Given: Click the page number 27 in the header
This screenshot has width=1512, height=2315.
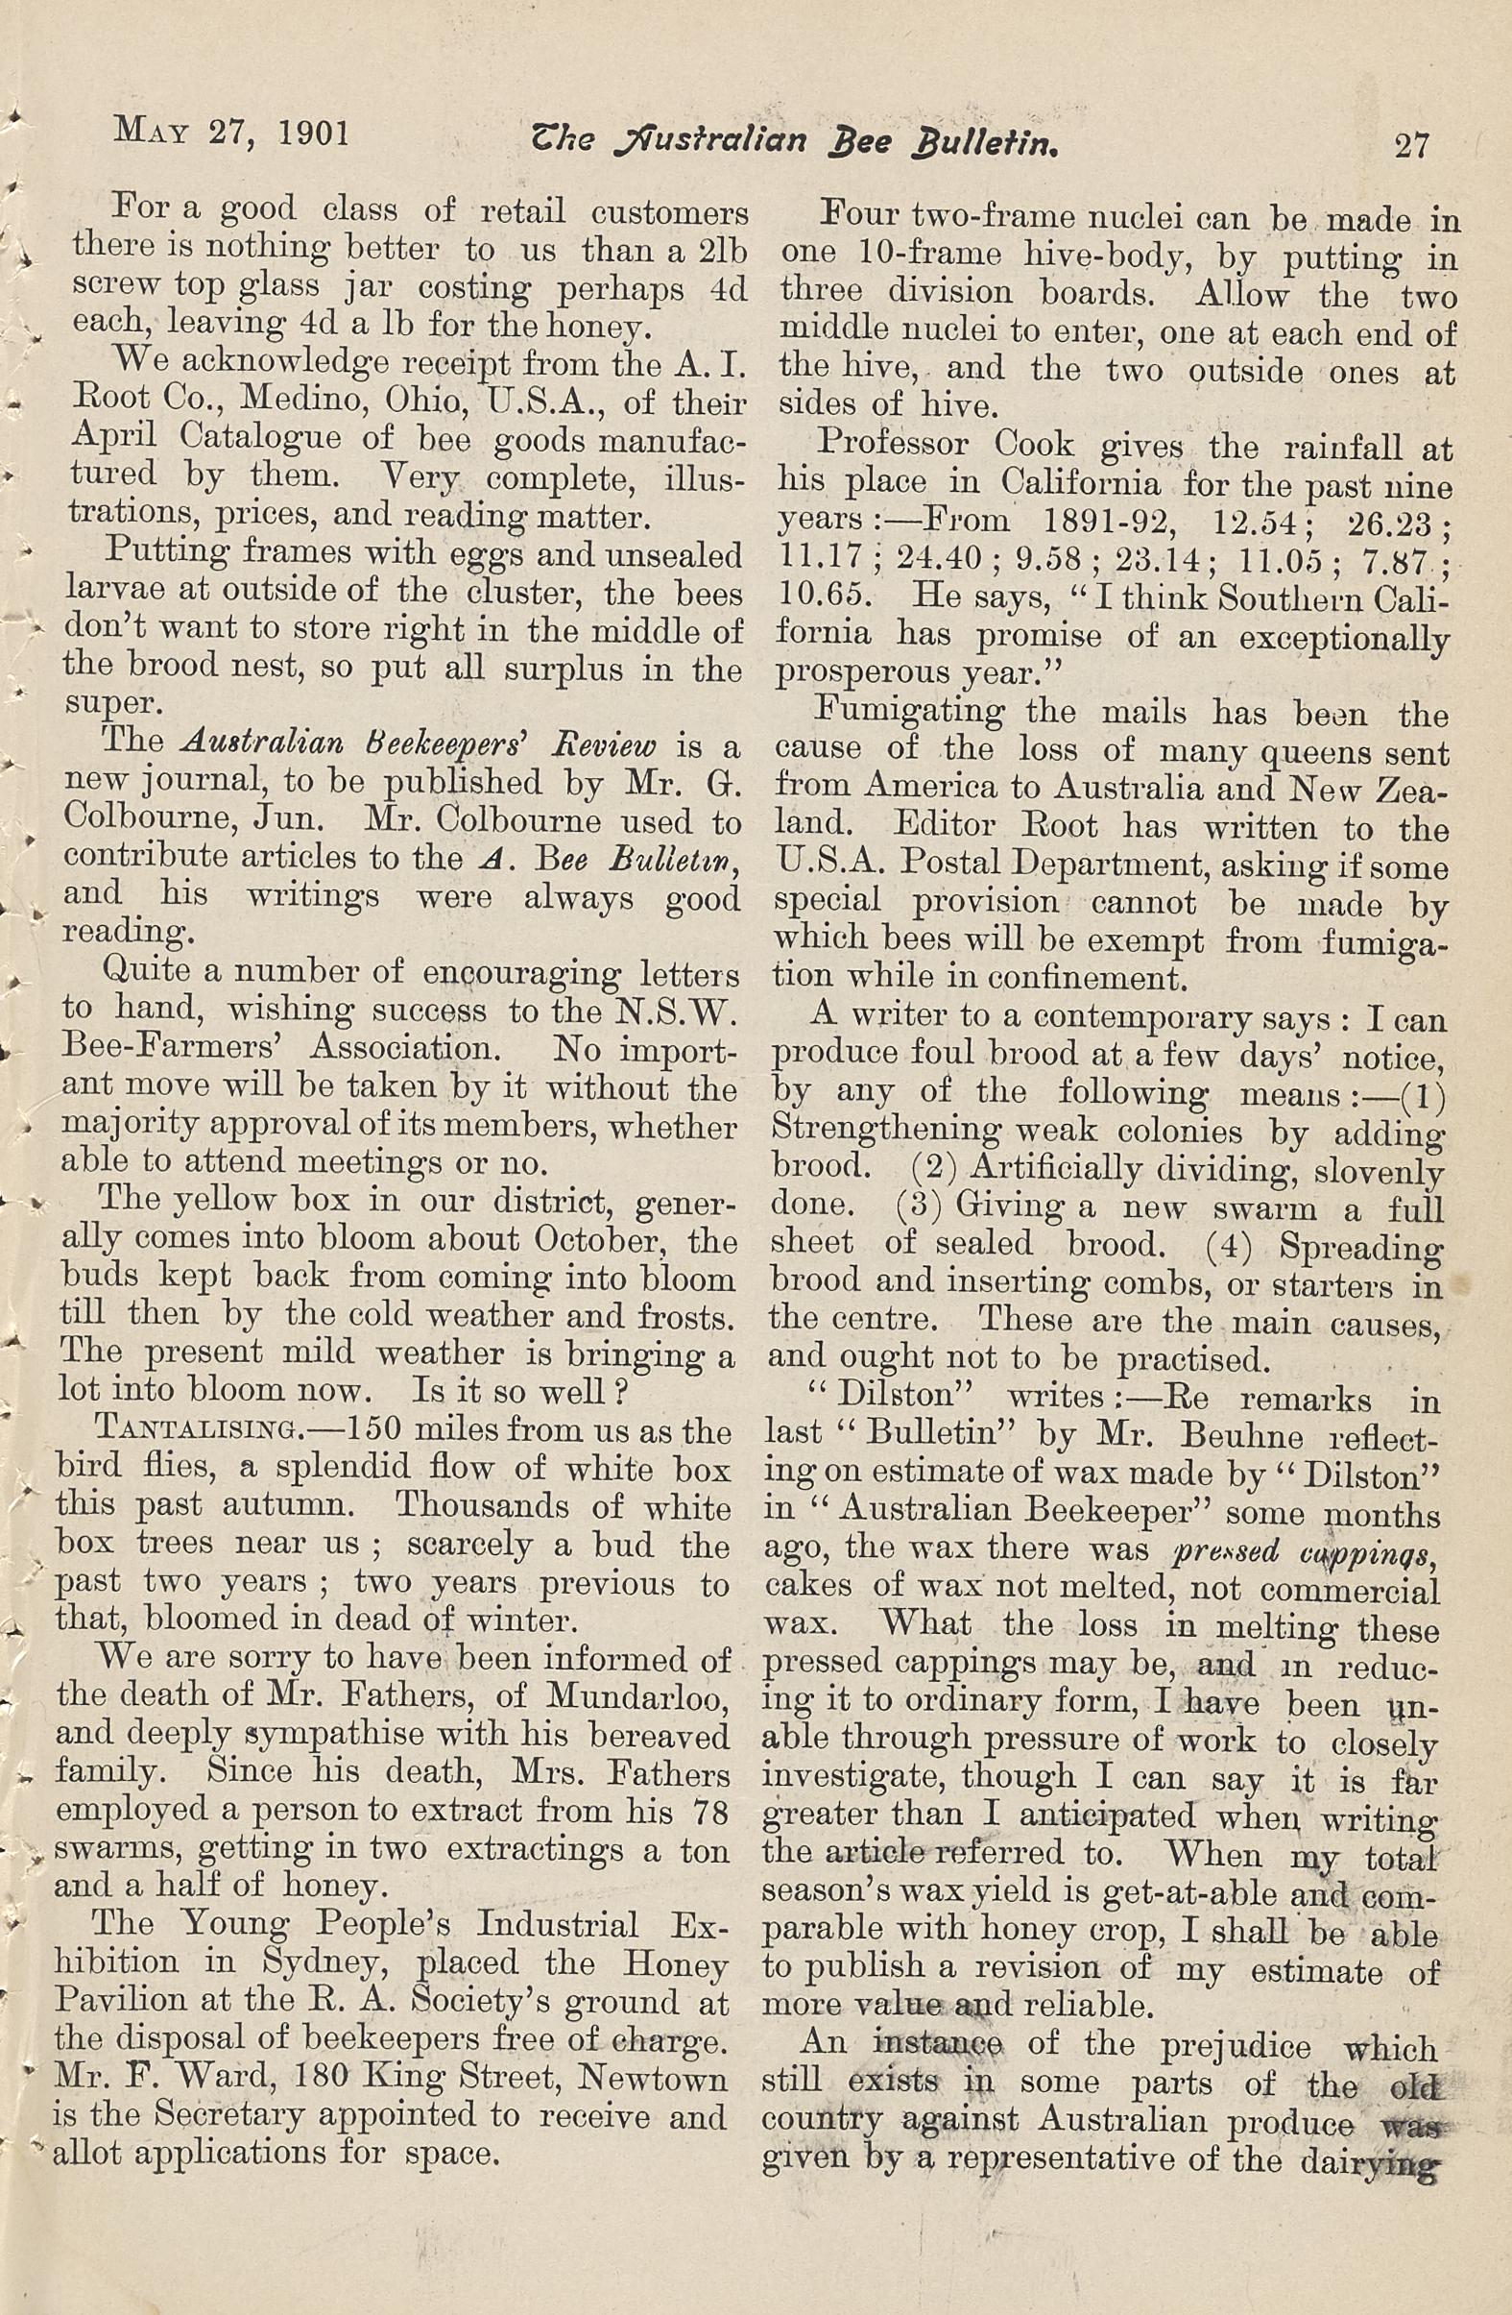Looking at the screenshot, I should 1411,145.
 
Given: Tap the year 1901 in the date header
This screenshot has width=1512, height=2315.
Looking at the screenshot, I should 313,133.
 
